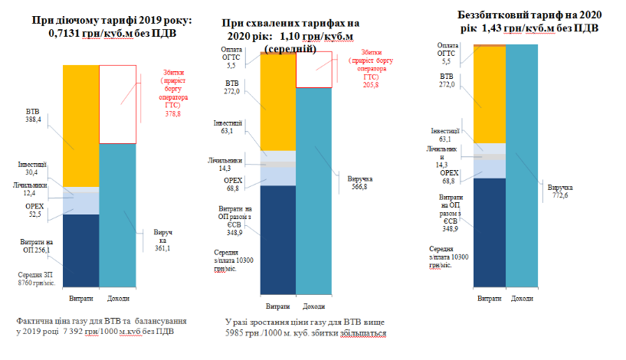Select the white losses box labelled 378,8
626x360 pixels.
pyautogui.click(x=118, y=103)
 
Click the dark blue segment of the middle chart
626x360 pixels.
pyautogui.click(x=277, y=237)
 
